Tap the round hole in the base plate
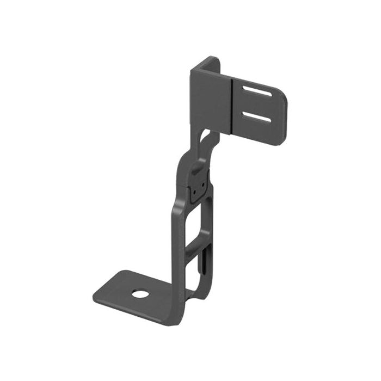pos(140,294)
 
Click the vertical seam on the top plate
pos(232,106)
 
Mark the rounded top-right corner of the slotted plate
pos(281,92)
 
